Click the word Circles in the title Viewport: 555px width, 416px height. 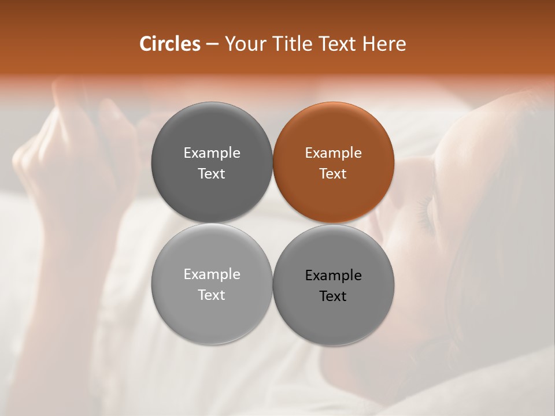170,44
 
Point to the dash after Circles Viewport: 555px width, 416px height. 213,44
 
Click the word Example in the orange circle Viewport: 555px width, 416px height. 334,153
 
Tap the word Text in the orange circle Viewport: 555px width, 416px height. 334,174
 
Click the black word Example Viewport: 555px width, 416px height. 334,276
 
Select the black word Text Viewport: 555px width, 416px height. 334,296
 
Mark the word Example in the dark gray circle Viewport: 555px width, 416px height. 212,153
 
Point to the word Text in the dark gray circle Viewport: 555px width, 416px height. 212,174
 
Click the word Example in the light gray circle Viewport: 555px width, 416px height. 212,274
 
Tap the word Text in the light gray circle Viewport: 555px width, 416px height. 212,295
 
